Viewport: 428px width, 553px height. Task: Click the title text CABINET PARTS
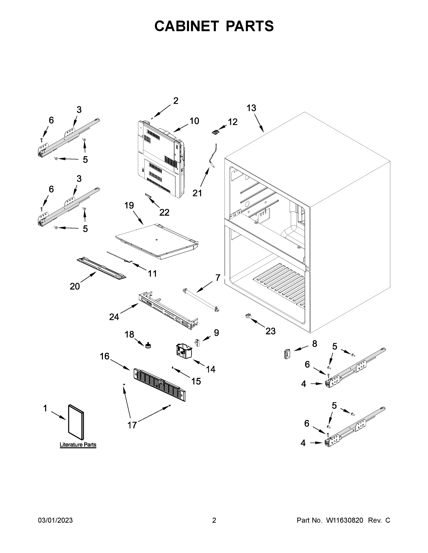(x=214, y=26)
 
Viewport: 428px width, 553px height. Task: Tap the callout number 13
(x=251, y=108)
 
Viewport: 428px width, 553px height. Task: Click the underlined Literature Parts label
(x=78, y=445)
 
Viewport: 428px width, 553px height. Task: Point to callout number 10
(x=194, y=121)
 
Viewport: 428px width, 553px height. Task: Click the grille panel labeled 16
(x=159, y=384)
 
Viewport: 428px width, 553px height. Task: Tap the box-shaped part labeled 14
(x=184, y=351)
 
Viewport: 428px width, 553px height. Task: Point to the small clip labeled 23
(x=248, y=315)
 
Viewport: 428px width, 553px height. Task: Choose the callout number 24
(x=114, y=317)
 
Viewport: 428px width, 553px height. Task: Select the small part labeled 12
(x=215, y=132)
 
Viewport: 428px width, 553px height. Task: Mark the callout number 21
(x=197, y=193)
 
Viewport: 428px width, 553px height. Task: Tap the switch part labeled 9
(x=197, y=343)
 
